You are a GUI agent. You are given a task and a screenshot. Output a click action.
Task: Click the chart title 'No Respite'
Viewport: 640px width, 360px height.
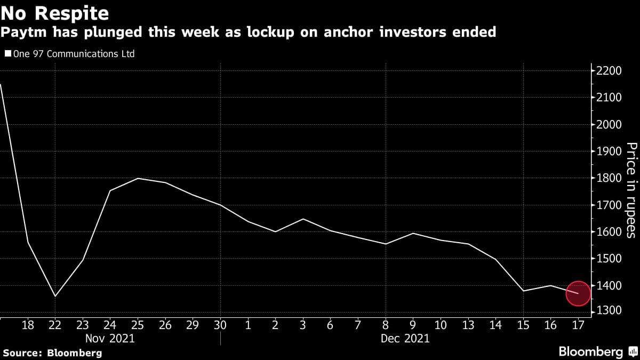click(55, 12)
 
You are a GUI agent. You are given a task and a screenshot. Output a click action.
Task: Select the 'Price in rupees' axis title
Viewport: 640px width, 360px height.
click(630, 190)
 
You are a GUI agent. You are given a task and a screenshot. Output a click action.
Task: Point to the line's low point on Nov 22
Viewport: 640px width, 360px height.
click(55, 296)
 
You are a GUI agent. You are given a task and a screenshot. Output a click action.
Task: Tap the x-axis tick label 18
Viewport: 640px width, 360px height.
click(28, 325)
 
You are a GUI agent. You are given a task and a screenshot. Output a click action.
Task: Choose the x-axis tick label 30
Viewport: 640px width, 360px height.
click(220, 325)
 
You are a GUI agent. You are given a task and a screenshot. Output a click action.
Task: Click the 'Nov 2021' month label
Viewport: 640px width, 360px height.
click(110, 338)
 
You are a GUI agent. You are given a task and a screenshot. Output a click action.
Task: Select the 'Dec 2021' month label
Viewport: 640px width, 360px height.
click(405, 338)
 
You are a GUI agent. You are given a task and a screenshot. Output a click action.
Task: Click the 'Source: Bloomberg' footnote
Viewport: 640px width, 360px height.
click(52, 353)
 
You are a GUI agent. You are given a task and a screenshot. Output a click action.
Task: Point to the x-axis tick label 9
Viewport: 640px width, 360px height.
click(413, 325)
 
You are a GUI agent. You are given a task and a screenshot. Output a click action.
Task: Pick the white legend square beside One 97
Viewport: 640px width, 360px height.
click(7, 54)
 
